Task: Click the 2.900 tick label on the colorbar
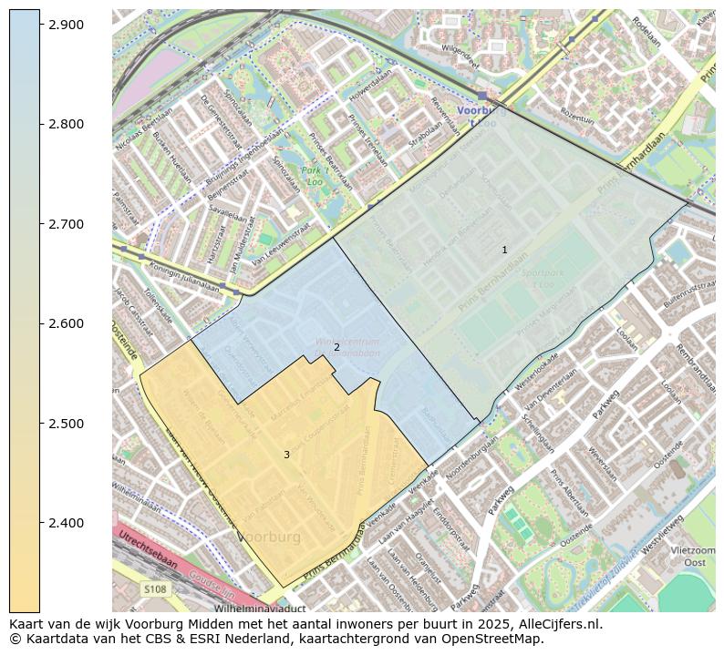pyautogui.click(x=66, y=25)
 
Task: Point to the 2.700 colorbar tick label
pyautogui.click(x=66, y=224)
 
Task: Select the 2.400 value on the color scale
pyautogui.click(x=66, y=523)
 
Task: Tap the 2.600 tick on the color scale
pyautogui.click(x=66, y=323)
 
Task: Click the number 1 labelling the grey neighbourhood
pyautogui.click(x=504, y=250)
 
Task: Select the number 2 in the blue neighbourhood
pyautogui.click(x=336, y=347)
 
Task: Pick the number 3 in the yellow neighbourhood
pyautogui.click(x=286, y=455)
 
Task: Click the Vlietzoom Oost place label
pyautogui.click(x=693, y=557)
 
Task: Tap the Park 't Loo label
pyautogui.click(x=313, y=176)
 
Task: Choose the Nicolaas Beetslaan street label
pyautogui.click(x=144, y=130)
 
